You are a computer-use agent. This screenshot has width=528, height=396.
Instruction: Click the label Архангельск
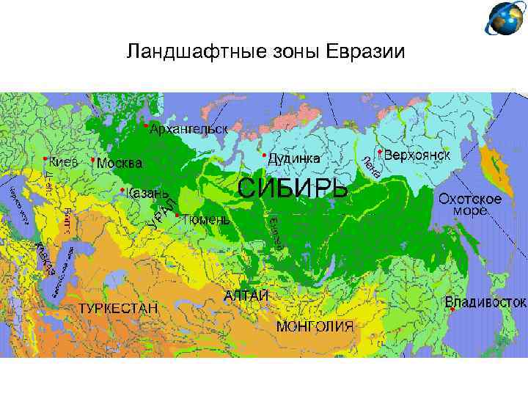(x=188, y=128)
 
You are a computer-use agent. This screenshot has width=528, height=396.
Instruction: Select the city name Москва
(x=120, y=162)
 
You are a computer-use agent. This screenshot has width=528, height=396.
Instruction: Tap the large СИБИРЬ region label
(x=293, y=188)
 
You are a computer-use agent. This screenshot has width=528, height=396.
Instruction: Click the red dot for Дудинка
(x=263, y=155)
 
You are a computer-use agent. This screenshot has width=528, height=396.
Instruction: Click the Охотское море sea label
(x=469, y=205)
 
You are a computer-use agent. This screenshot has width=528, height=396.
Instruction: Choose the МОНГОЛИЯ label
(x=315, y=326)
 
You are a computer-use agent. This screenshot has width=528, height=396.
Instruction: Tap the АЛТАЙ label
(x=246, y=295)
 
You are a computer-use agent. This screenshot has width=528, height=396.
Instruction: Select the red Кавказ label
(x=45, y=259)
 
